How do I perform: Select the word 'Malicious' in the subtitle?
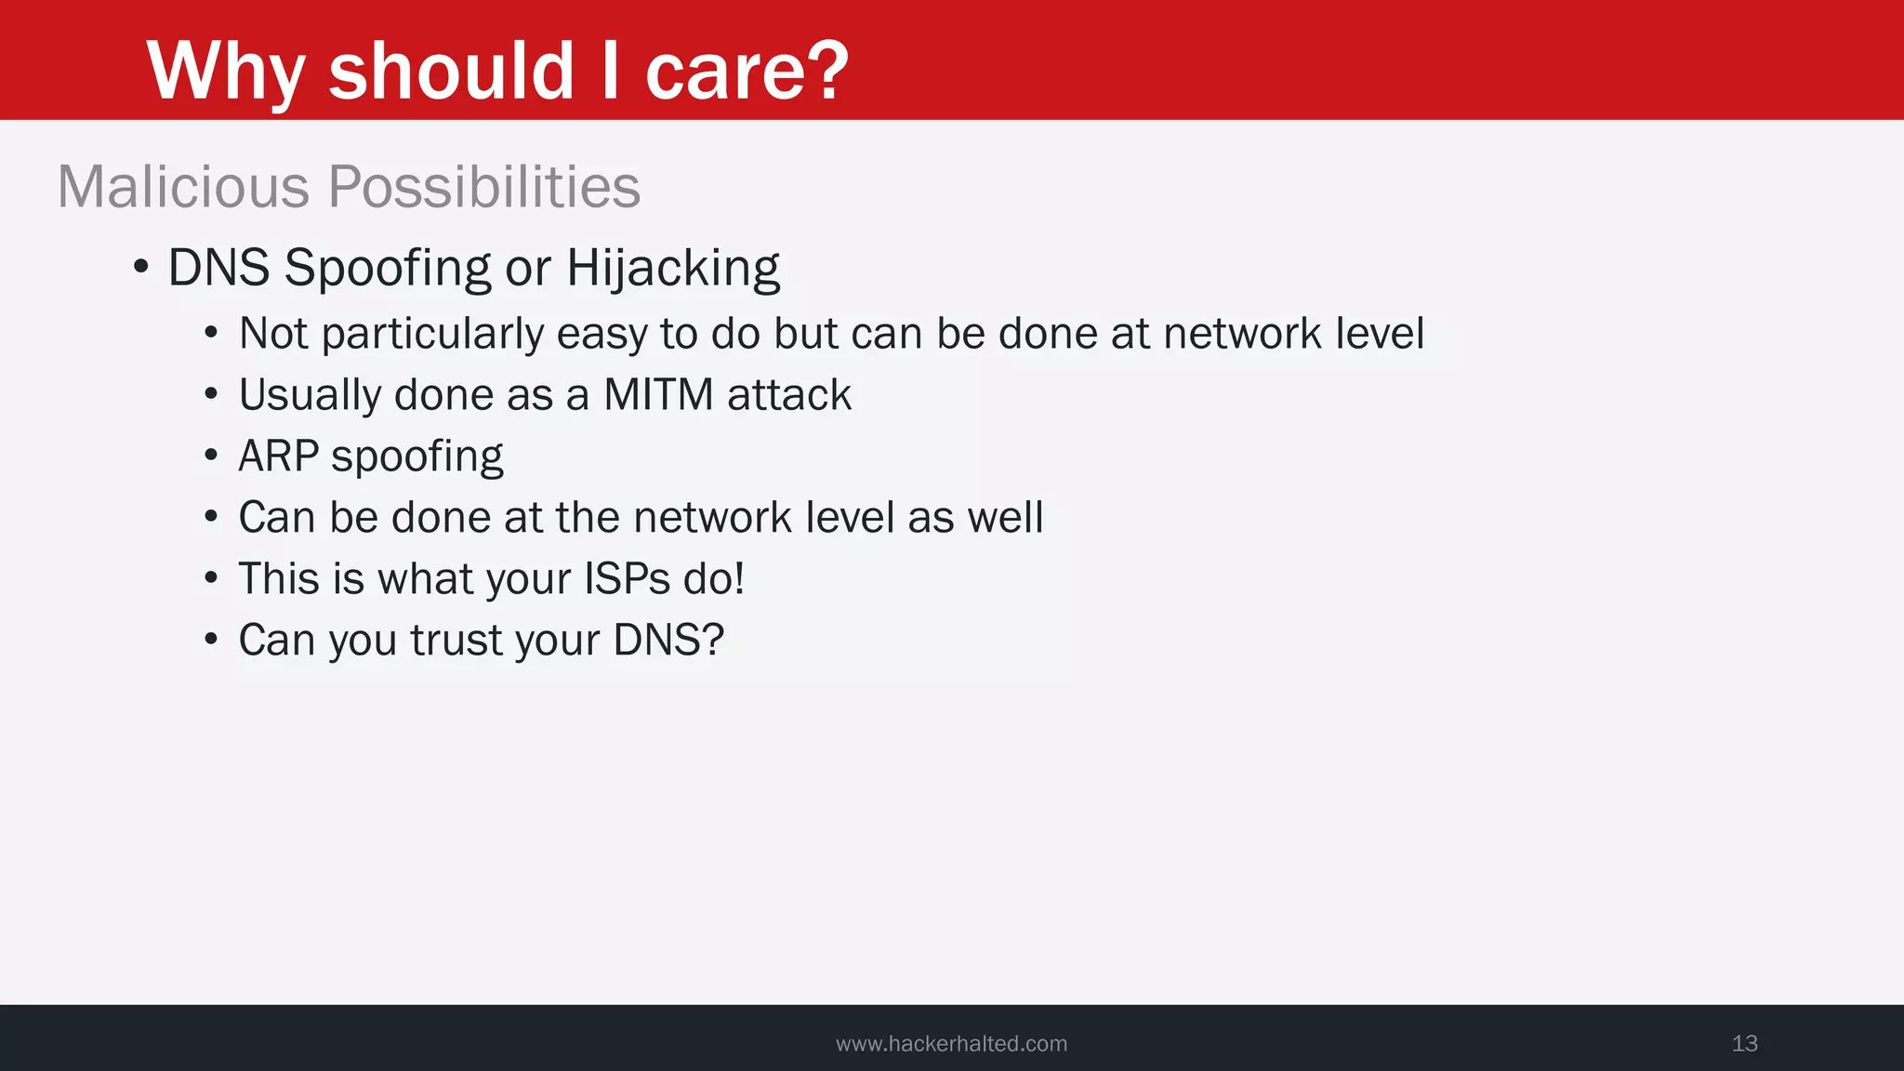(x=183, y=186)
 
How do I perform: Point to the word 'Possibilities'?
(x=484, y=186)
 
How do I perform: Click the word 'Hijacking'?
(x=673, y=269)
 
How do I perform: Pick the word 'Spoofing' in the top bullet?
(x=388, y=269)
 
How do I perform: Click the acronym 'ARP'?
(x=279, y=456)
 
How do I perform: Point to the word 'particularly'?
(x=432, y=334)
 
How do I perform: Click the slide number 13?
(x=1744, y=1043)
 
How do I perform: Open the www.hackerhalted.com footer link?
(x=951, y=1043)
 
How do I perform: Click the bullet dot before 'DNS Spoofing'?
(x=141, y=268)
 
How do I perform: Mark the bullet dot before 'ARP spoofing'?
(x=212, y=456)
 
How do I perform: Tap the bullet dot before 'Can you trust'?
(x=212, y=640)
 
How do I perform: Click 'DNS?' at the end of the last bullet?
(x=668, y=640)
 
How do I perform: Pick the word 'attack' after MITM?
(x=789, y=394)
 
